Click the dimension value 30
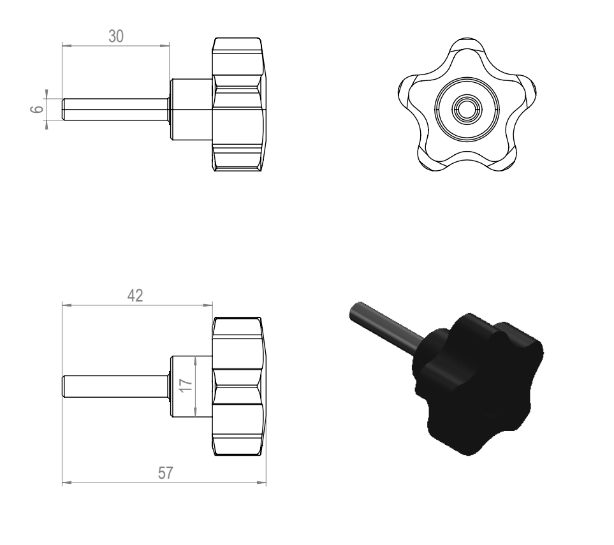(x=116, y=36)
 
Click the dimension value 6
(x=37, y=109)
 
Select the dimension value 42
(x=135, y=296)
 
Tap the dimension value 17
(x=186, y=385)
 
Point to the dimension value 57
(x=165, y=473)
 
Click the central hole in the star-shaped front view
(x=467, y=108)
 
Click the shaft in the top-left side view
(x=115, y=109)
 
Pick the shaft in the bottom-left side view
(x=115, y=386)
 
